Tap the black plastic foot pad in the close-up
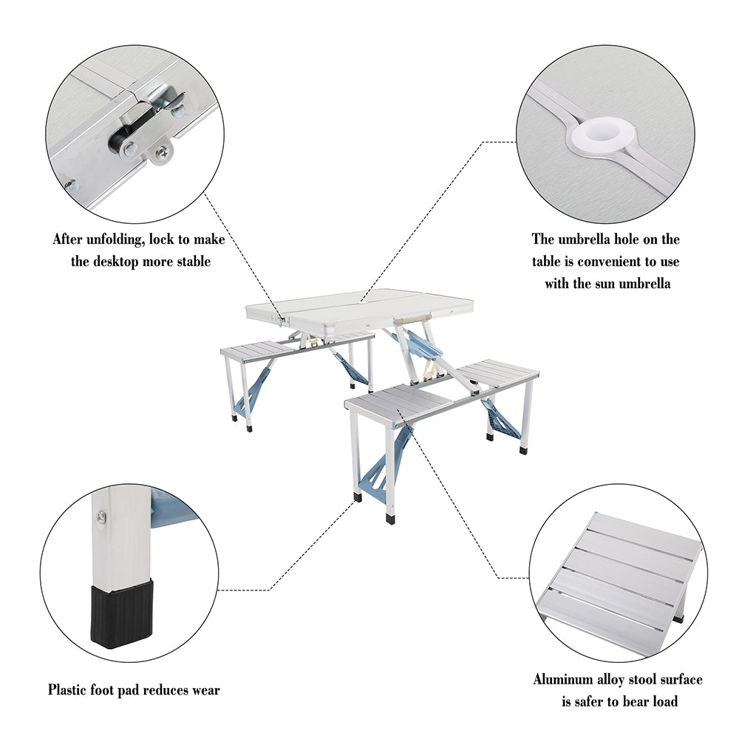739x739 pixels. [123, 613]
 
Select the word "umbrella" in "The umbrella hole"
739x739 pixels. [591, 239]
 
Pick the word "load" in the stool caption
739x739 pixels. [662, 701]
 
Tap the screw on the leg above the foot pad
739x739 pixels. [101, 514]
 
